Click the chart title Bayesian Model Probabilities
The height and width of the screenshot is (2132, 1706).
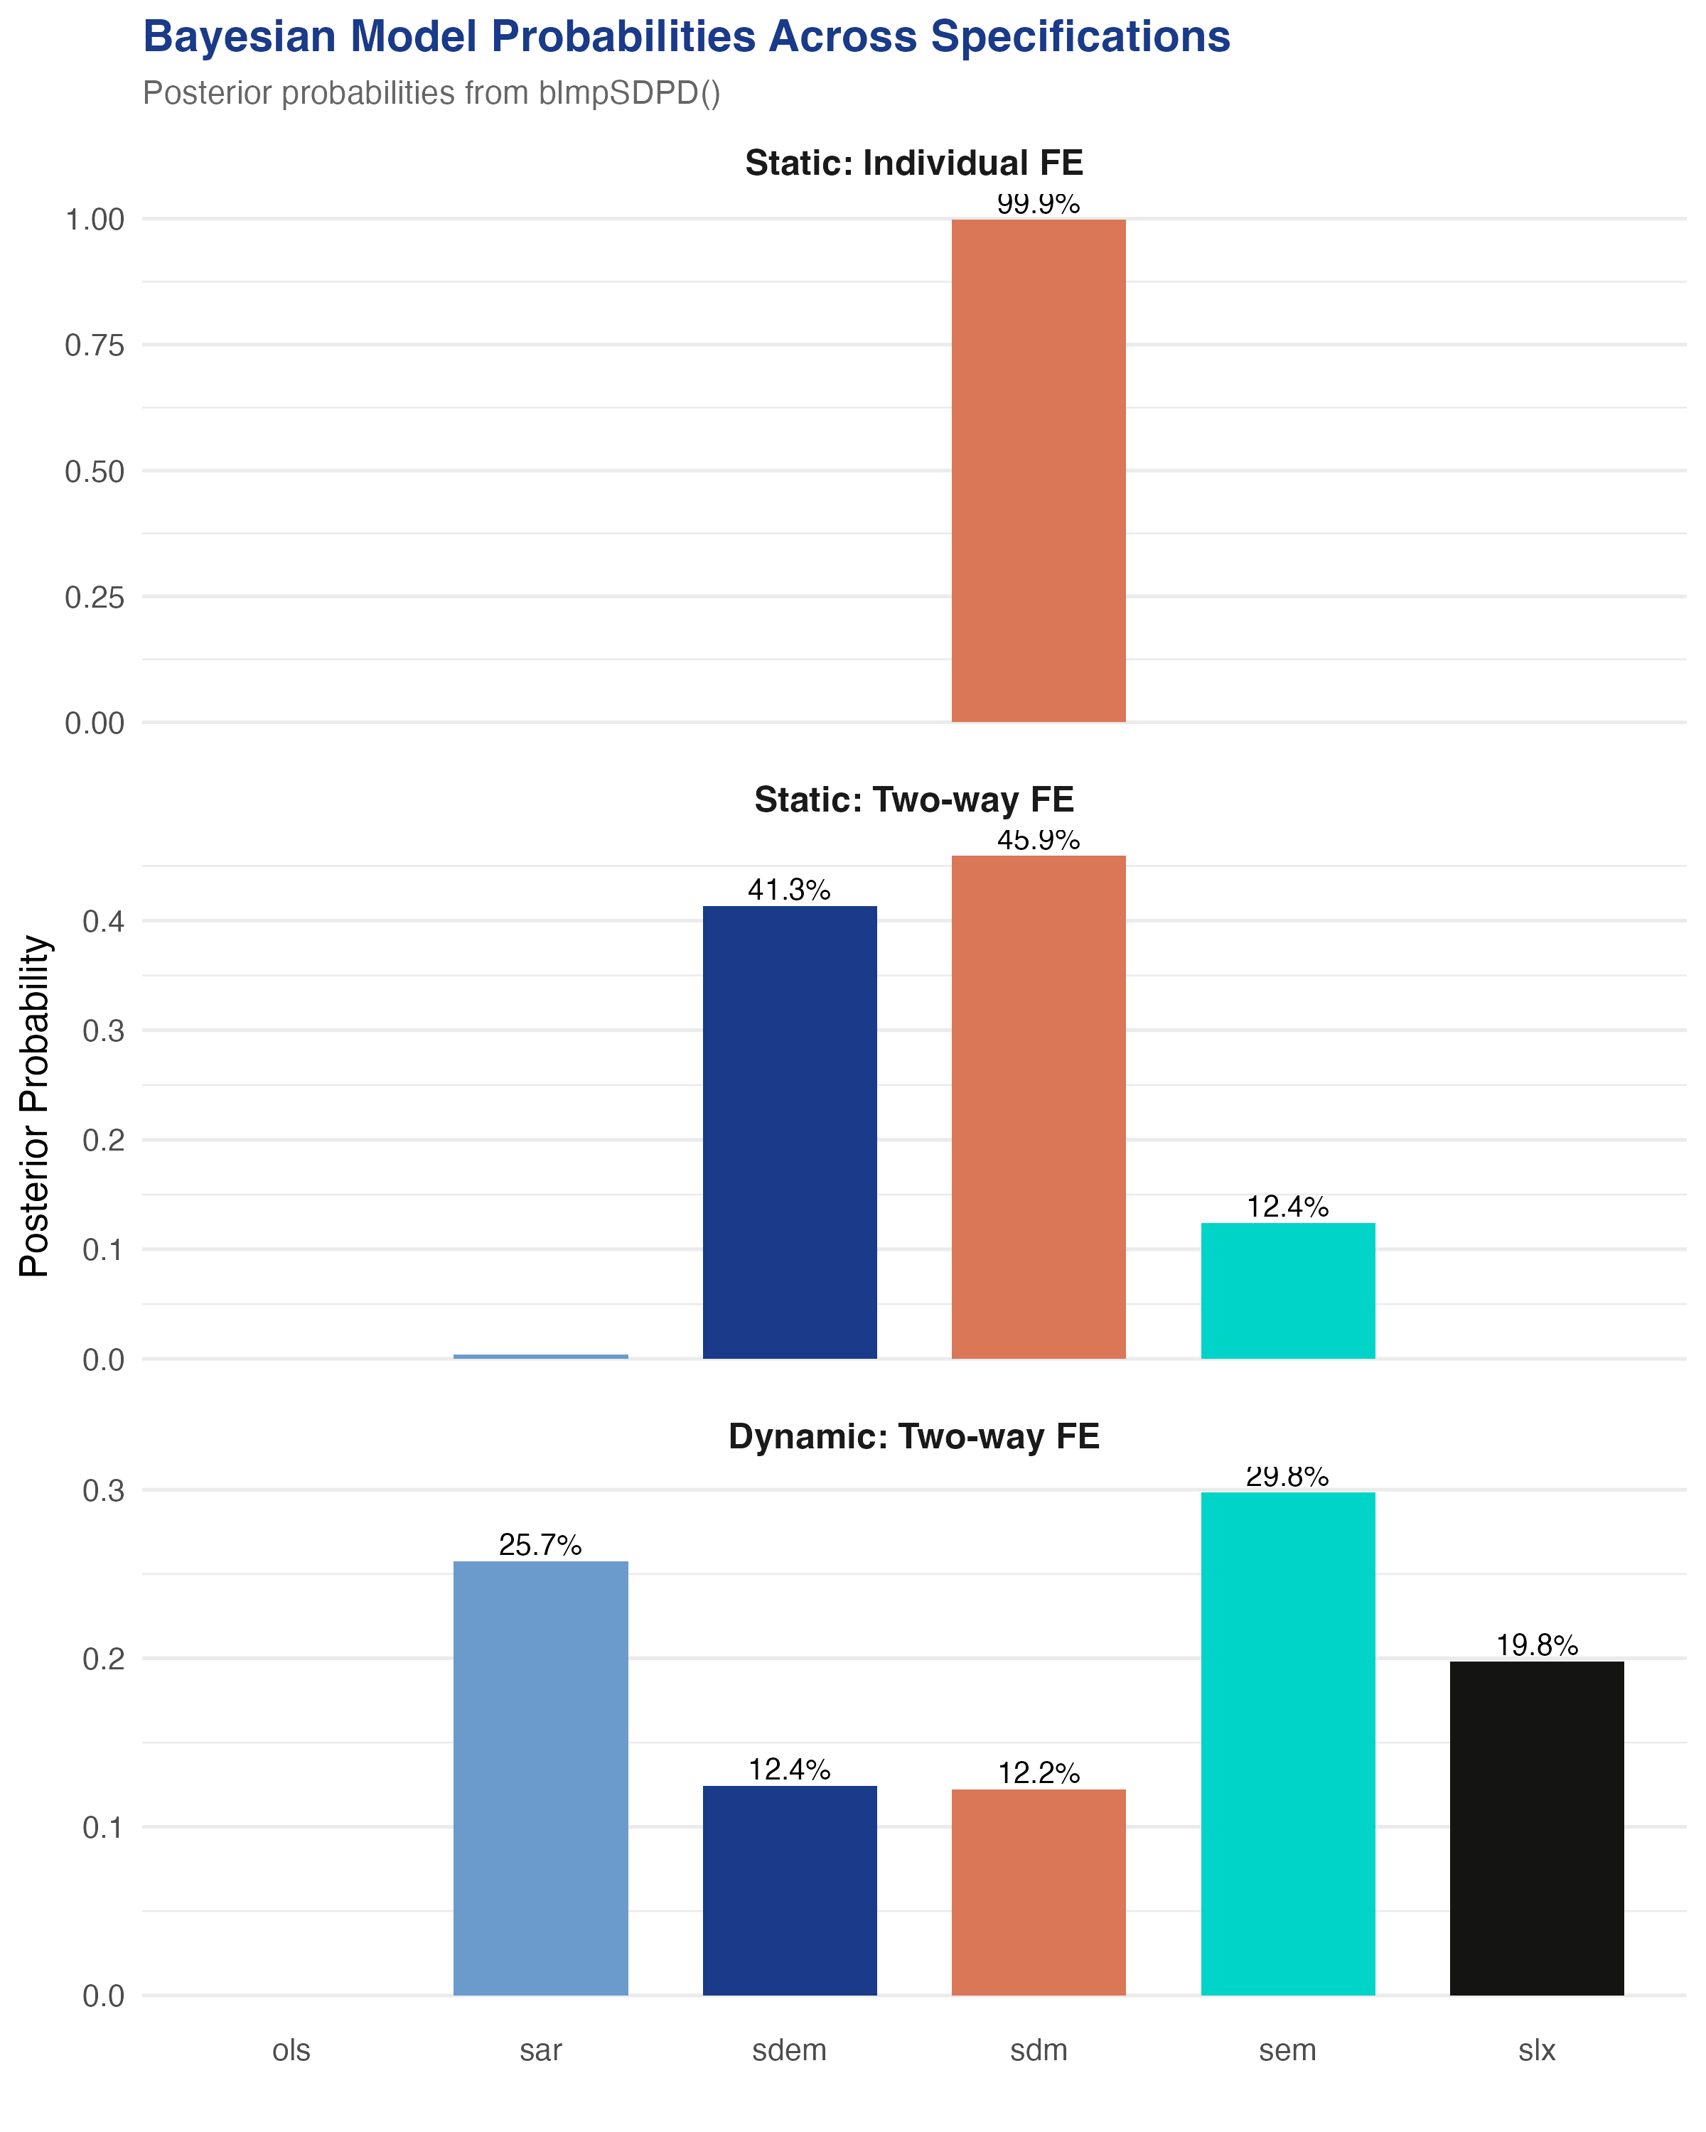pos(687,38)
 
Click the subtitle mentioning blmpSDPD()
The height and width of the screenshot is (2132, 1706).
pos(431,93)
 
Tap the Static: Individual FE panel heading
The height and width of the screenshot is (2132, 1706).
pos(914,163)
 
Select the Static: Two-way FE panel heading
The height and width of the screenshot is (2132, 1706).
pos(914,800)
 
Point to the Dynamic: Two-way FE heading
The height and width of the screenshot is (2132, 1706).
pos(914,1437)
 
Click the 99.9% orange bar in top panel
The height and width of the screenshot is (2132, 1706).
pos(1039,470)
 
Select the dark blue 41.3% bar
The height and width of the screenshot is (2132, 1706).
pos(789,1132)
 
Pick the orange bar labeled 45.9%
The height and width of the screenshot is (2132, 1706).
pos(1039,1107)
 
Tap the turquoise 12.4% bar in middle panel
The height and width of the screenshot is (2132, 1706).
pos(1287,1291)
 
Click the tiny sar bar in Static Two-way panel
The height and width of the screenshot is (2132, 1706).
pos(540,1357)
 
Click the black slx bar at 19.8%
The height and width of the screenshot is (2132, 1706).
pos(1536,1829)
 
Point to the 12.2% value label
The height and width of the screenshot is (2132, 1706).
pos(1039,1773)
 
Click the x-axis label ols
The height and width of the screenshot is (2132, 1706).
pos(291,2051)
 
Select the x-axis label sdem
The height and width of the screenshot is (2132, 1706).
pos(789,2051)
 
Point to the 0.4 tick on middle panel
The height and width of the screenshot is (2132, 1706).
pos(103,922)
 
